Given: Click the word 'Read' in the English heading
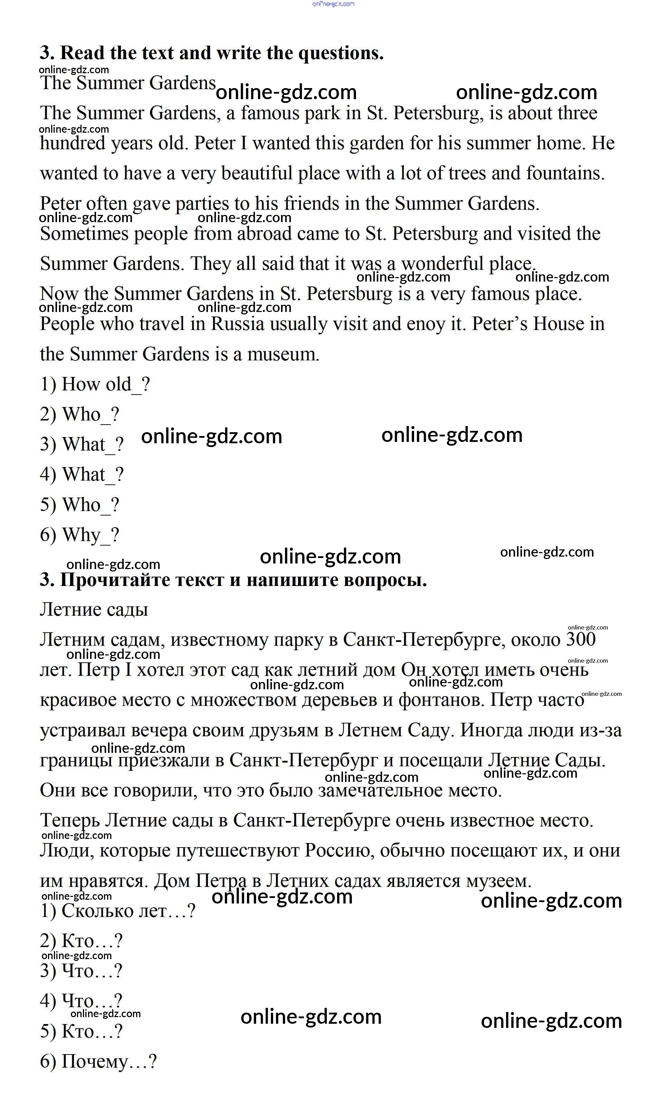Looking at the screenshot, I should (84, 53).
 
